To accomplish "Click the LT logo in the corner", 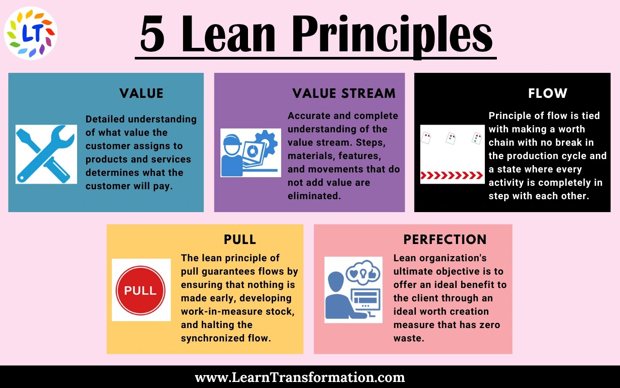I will (31, 33).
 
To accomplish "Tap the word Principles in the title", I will (392, 34).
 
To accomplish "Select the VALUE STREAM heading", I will (344, 94).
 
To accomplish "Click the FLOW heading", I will (548, 94).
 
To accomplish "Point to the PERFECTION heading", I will (445, 240).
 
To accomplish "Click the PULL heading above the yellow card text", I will (240, 240).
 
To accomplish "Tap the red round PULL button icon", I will (141, 290).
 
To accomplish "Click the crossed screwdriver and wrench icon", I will (46, 154).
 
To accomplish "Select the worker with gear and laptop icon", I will (250, 153).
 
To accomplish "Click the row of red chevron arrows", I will (452, 175).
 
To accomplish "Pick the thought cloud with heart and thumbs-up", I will (363, 272).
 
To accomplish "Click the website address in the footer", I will (300, 378).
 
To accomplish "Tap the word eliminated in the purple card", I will (314, 196).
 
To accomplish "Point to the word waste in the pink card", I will (408, 338).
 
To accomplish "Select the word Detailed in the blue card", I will (105, 119).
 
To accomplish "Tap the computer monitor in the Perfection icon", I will (366, 300).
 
